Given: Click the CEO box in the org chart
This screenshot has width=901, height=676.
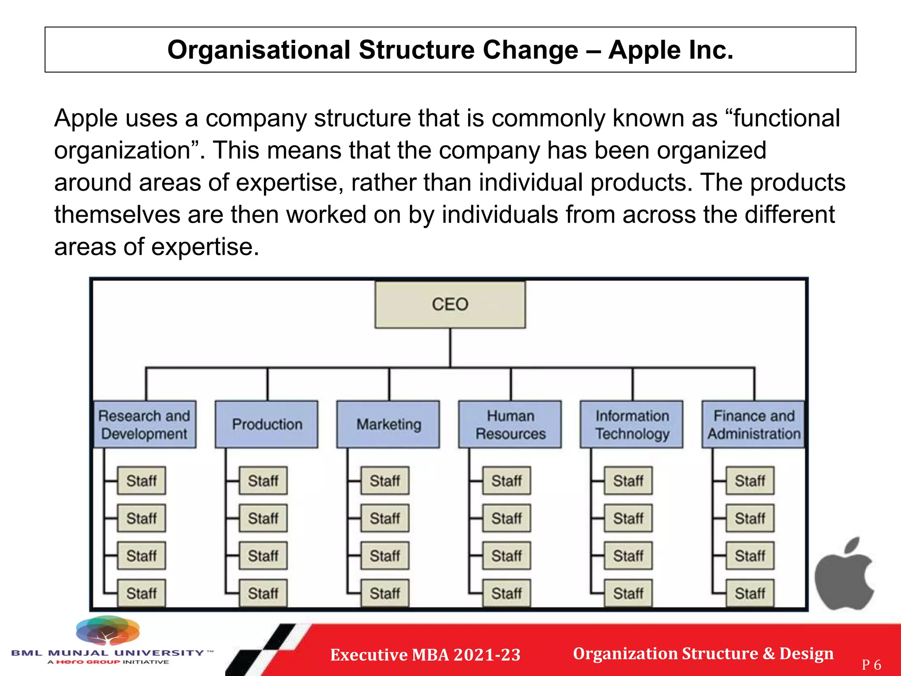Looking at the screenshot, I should [x=450, y=305].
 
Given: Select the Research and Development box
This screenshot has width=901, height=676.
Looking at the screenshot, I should [x=145, y=424].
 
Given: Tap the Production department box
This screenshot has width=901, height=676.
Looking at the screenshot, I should [x=267, y=424].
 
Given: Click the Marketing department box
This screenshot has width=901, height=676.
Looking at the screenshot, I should [x=388, y=424].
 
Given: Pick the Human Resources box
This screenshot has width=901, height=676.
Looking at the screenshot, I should [x=510, y=424].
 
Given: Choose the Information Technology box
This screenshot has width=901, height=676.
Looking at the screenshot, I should [x=632, y=424].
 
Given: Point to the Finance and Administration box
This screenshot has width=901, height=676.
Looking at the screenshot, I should [x=754, y=424].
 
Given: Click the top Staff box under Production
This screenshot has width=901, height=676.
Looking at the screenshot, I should [x=263, y=481].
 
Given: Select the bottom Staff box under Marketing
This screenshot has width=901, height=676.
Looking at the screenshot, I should [x=385, y=593].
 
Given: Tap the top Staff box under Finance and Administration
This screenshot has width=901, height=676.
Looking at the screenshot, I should [x=750, y=481].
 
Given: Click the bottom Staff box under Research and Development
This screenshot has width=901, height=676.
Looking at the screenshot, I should [x=142, y=593].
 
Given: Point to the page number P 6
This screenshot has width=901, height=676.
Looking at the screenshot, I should [x=871, y=665].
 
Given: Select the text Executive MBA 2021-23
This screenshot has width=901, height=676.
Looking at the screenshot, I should [x=425, y=654].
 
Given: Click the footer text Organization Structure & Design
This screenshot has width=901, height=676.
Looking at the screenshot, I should [x=703, y=654].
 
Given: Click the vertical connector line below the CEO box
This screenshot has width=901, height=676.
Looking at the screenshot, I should [x=450, y=348].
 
